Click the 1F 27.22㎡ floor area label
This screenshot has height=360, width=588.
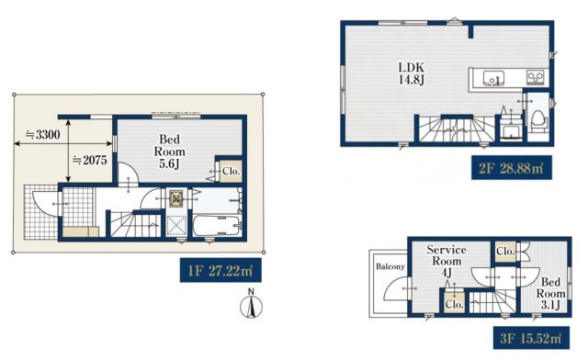220,270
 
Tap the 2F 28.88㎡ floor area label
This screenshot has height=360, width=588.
512,168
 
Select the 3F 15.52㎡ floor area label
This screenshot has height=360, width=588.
531,338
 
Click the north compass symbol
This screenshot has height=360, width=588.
251,304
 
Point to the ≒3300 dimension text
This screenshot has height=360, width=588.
42,134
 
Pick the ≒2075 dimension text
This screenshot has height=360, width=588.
90,160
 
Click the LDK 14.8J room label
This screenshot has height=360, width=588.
412,73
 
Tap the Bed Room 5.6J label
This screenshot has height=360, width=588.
169,152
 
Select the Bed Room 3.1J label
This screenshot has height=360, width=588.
550,293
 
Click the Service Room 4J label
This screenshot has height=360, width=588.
447,261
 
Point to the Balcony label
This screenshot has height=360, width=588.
390,266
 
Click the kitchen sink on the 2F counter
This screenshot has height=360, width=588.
493,79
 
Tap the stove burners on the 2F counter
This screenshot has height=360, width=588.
536,77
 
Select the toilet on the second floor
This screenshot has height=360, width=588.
538,120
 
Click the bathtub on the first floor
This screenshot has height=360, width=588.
217,225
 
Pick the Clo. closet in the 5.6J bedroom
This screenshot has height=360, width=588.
231,172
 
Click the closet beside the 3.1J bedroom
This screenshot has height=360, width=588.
505,252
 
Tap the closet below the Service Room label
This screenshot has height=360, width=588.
454,303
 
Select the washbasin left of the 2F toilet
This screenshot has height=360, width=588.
511,132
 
